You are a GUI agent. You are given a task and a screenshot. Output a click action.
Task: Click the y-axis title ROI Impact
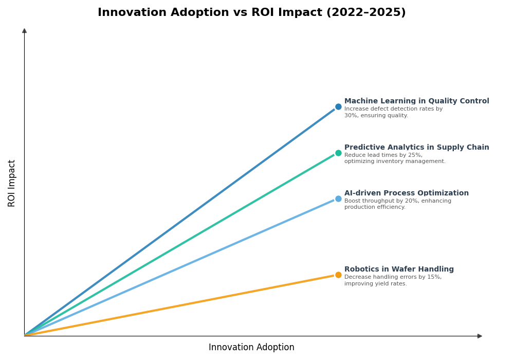tap(12, 183)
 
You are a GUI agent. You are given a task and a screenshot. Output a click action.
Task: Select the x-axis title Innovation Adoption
tap(251, 348)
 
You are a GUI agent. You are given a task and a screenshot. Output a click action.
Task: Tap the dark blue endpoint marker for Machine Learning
tap(338, 107)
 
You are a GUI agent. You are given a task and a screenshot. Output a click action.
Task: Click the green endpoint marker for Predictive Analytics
tap(338, 153)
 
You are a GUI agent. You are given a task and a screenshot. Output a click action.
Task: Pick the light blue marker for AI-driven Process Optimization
tap(338, 199)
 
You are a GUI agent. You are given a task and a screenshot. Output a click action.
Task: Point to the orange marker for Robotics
tap(338, 275)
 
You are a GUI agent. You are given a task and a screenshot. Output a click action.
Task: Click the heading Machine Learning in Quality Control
tap(416, 101)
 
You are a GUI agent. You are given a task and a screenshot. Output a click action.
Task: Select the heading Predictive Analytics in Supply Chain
tap(416, 148)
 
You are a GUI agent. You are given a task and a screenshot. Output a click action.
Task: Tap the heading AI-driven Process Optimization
tap(406, 193)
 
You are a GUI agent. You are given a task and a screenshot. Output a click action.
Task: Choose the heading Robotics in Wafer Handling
tap(399, 269)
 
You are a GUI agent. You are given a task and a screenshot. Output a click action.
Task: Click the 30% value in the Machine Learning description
tap(351, 116)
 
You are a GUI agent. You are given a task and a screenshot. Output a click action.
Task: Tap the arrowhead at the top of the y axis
tap(24, 31)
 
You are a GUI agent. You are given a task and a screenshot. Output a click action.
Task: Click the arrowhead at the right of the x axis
tap(480, 336)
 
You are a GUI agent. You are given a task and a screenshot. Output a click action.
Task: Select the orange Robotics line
tap(180, 305)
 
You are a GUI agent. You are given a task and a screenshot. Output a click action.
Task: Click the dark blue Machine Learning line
tap(180, 222)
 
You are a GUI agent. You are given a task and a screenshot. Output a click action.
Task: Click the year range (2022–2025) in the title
tap(365, 13)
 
